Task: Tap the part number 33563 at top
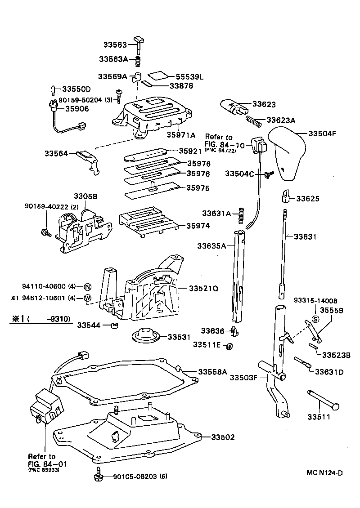pyautogui.click(x=116, y=44)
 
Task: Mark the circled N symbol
pyautogui.click(x=87, y=287)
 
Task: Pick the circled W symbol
pyautogui.click(x=87, y=298)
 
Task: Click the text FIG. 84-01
pyautogui.click(x=44, y=463)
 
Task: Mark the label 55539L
pyautogui.click(x=189, y=77)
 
